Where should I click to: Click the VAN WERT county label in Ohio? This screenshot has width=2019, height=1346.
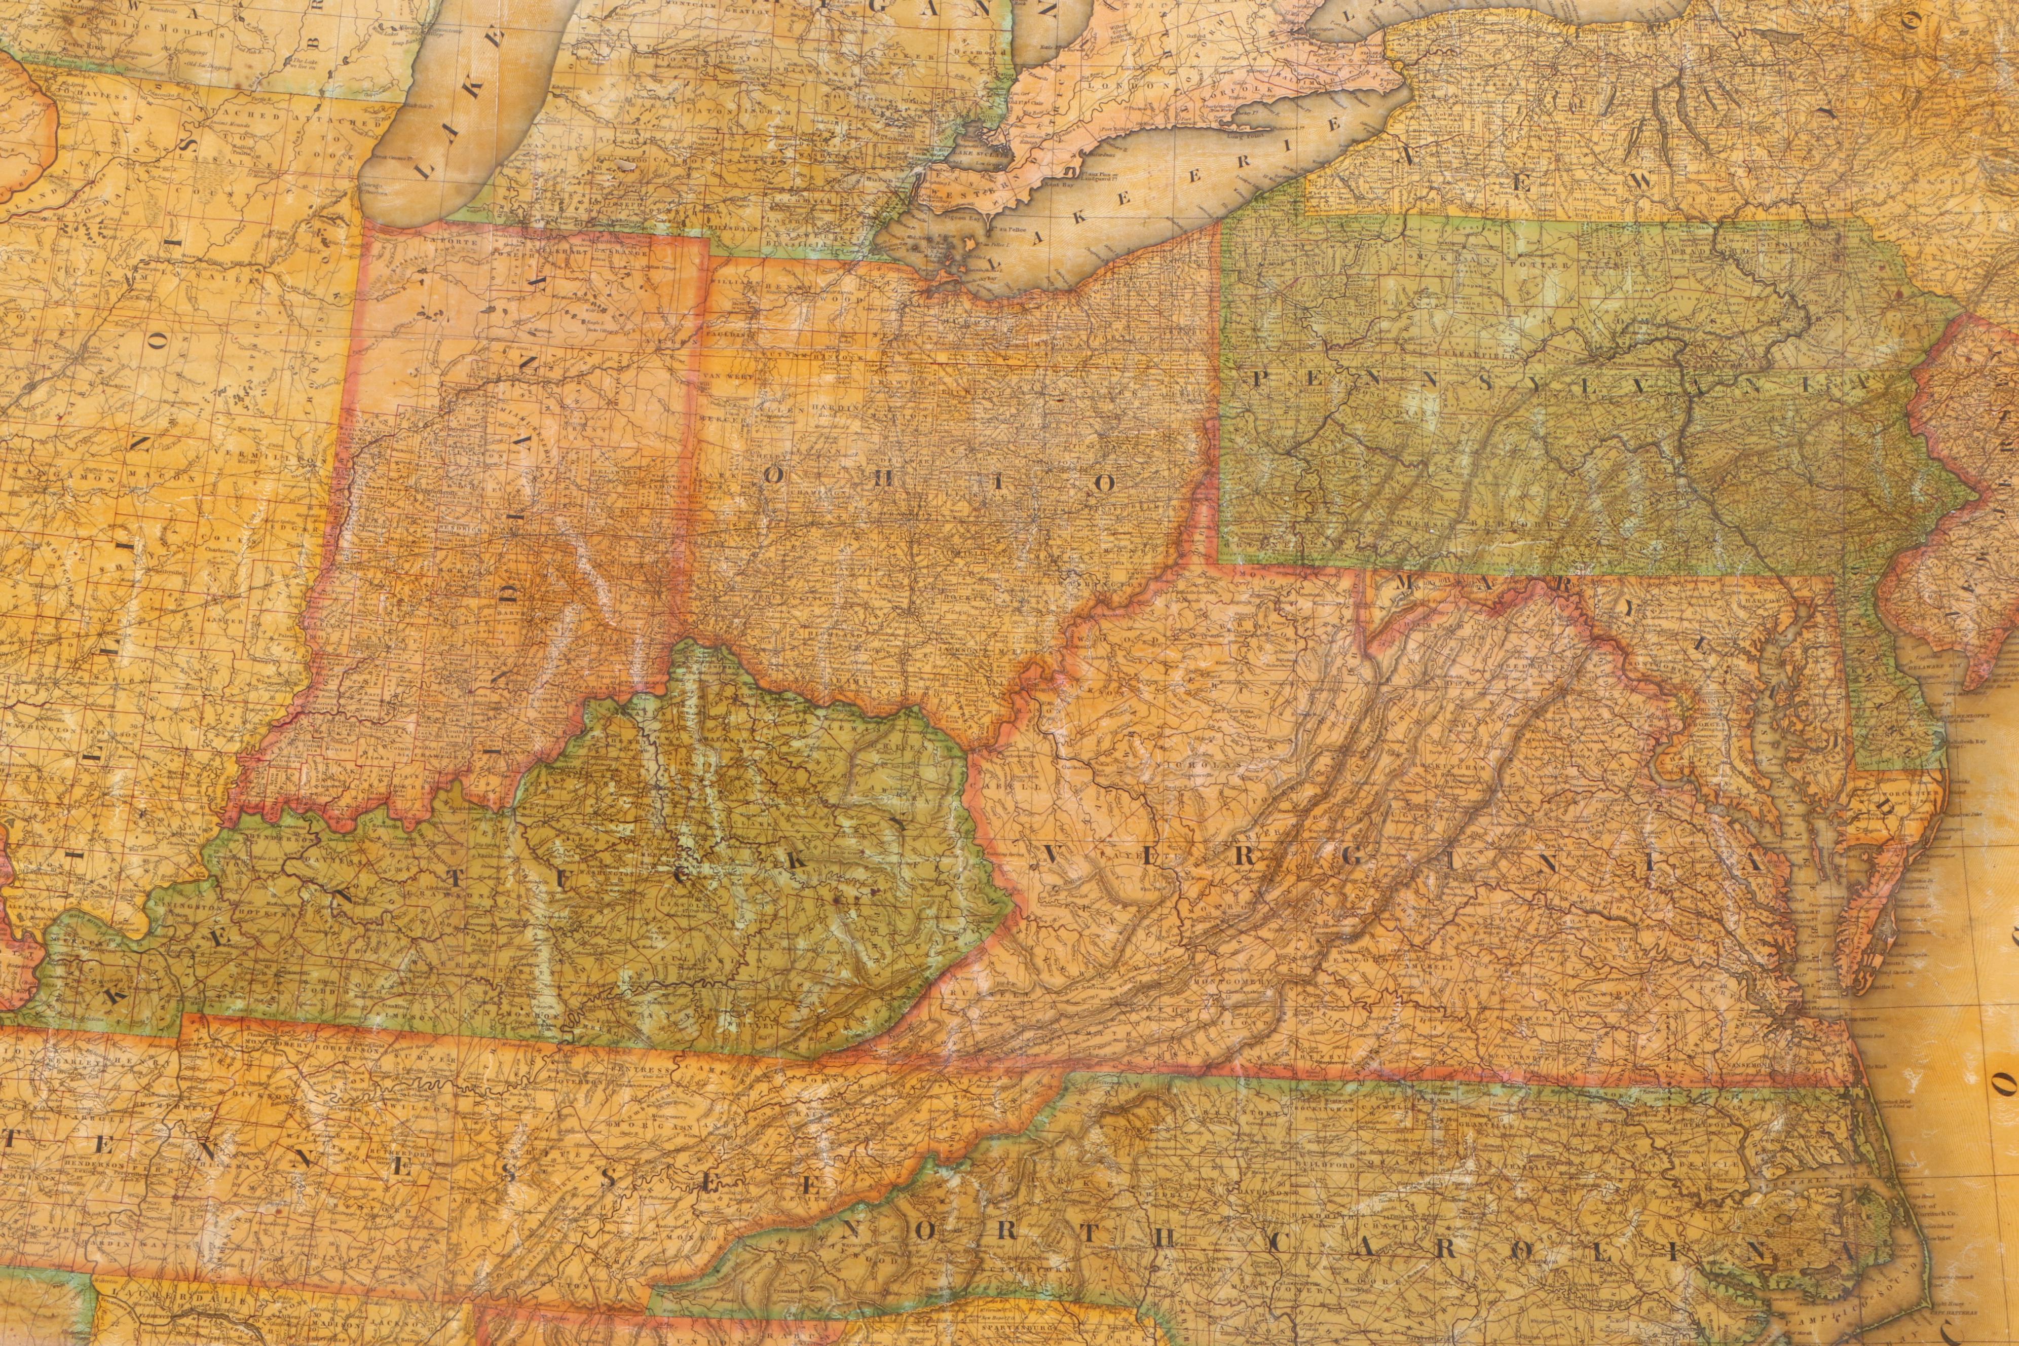tap(721, 376)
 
